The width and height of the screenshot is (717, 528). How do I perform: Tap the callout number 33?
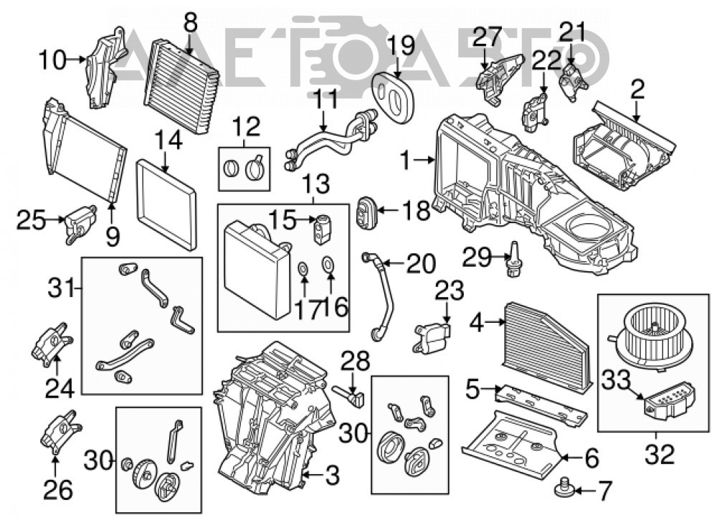[616, 379]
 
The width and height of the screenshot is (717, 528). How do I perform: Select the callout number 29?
[477, 258]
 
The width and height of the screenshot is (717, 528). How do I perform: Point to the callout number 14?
[168, 140]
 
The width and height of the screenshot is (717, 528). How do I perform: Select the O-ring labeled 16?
[328, 263]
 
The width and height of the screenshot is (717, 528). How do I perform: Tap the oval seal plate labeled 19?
[392, 94]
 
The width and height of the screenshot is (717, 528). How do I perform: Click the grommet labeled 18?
[366, 212]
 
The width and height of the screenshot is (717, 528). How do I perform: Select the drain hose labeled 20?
[379, 296]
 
